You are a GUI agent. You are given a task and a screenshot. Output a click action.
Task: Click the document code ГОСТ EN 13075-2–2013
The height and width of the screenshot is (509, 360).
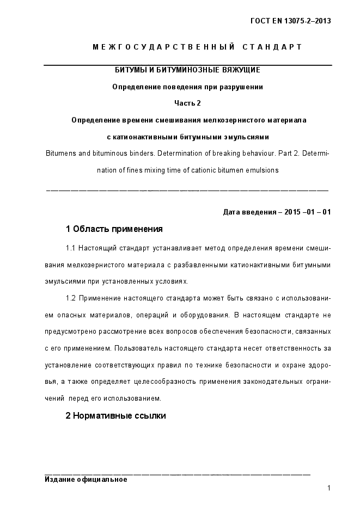[291, 21]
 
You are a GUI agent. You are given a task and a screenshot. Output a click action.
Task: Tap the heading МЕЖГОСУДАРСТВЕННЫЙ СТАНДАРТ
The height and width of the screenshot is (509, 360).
[197, 47]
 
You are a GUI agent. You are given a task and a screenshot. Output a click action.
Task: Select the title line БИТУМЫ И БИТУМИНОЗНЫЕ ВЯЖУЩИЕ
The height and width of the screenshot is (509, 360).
[187, 71]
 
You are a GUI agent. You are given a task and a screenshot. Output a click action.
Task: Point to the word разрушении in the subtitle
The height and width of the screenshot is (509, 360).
[244, 87]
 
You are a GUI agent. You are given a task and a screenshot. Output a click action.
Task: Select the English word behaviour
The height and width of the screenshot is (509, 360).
[253, 154]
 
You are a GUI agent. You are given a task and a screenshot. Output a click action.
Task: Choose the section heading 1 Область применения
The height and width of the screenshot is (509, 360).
[114, 229]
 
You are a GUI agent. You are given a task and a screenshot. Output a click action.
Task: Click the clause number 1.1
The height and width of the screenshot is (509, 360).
[71, 249]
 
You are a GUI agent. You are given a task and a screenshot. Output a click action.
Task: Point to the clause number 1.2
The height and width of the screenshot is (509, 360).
[71, 298]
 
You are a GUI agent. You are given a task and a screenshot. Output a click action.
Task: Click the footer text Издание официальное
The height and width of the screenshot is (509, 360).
[86, 480]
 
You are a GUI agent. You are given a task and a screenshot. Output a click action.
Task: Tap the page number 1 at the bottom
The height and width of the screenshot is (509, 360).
[329, 488]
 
